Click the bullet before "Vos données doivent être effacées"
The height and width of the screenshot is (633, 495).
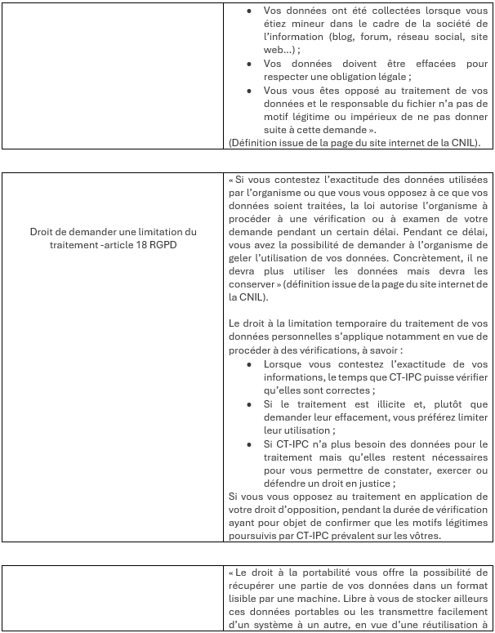249,64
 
